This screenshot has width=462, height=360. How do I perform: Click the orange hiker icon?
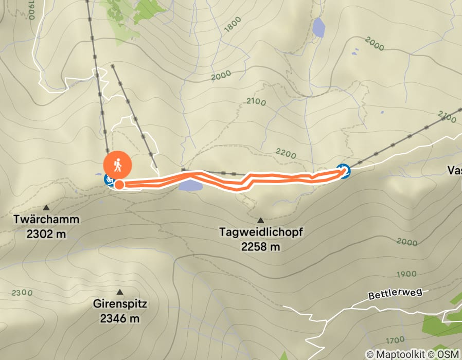pos(118,165)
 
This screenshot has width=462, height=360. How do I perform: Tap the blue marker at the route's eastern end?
pos(344,171)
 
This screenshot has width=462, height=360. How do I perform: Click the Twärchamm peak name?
pos(47,220)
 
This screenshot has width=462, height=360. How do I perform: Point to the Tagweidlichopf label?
pos(261,232)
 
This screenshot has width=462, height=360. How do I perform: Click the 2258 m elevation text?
pos(261,247)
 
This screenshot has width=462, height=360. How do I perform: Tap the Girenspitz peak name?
pos(120,304)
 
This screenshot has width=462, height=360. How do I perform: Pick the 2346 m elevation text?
pos(120,318)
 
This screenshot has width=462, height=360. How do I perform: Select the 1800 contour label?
pos(233,27)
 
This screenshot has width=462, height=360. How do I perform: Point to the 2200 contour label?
pos(286,154)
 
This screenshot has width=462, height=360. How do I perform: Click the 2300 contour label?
pos(21,293)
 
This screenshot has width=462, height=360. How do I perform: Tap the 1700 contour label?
pos(395,340)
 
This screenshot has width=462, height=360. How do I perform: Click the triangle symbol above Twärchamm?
pos(46,208)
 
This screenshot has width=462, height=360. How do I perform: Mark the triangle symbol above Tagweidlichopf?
pos(260,220)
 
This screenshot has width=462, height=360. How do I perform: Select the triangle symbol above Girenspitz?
pos(120,292)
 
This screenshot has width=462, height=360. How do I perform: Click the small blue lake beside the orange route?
pos(190,185)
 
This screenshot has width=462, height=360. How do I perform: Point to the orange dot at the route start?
pos(119,185)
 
